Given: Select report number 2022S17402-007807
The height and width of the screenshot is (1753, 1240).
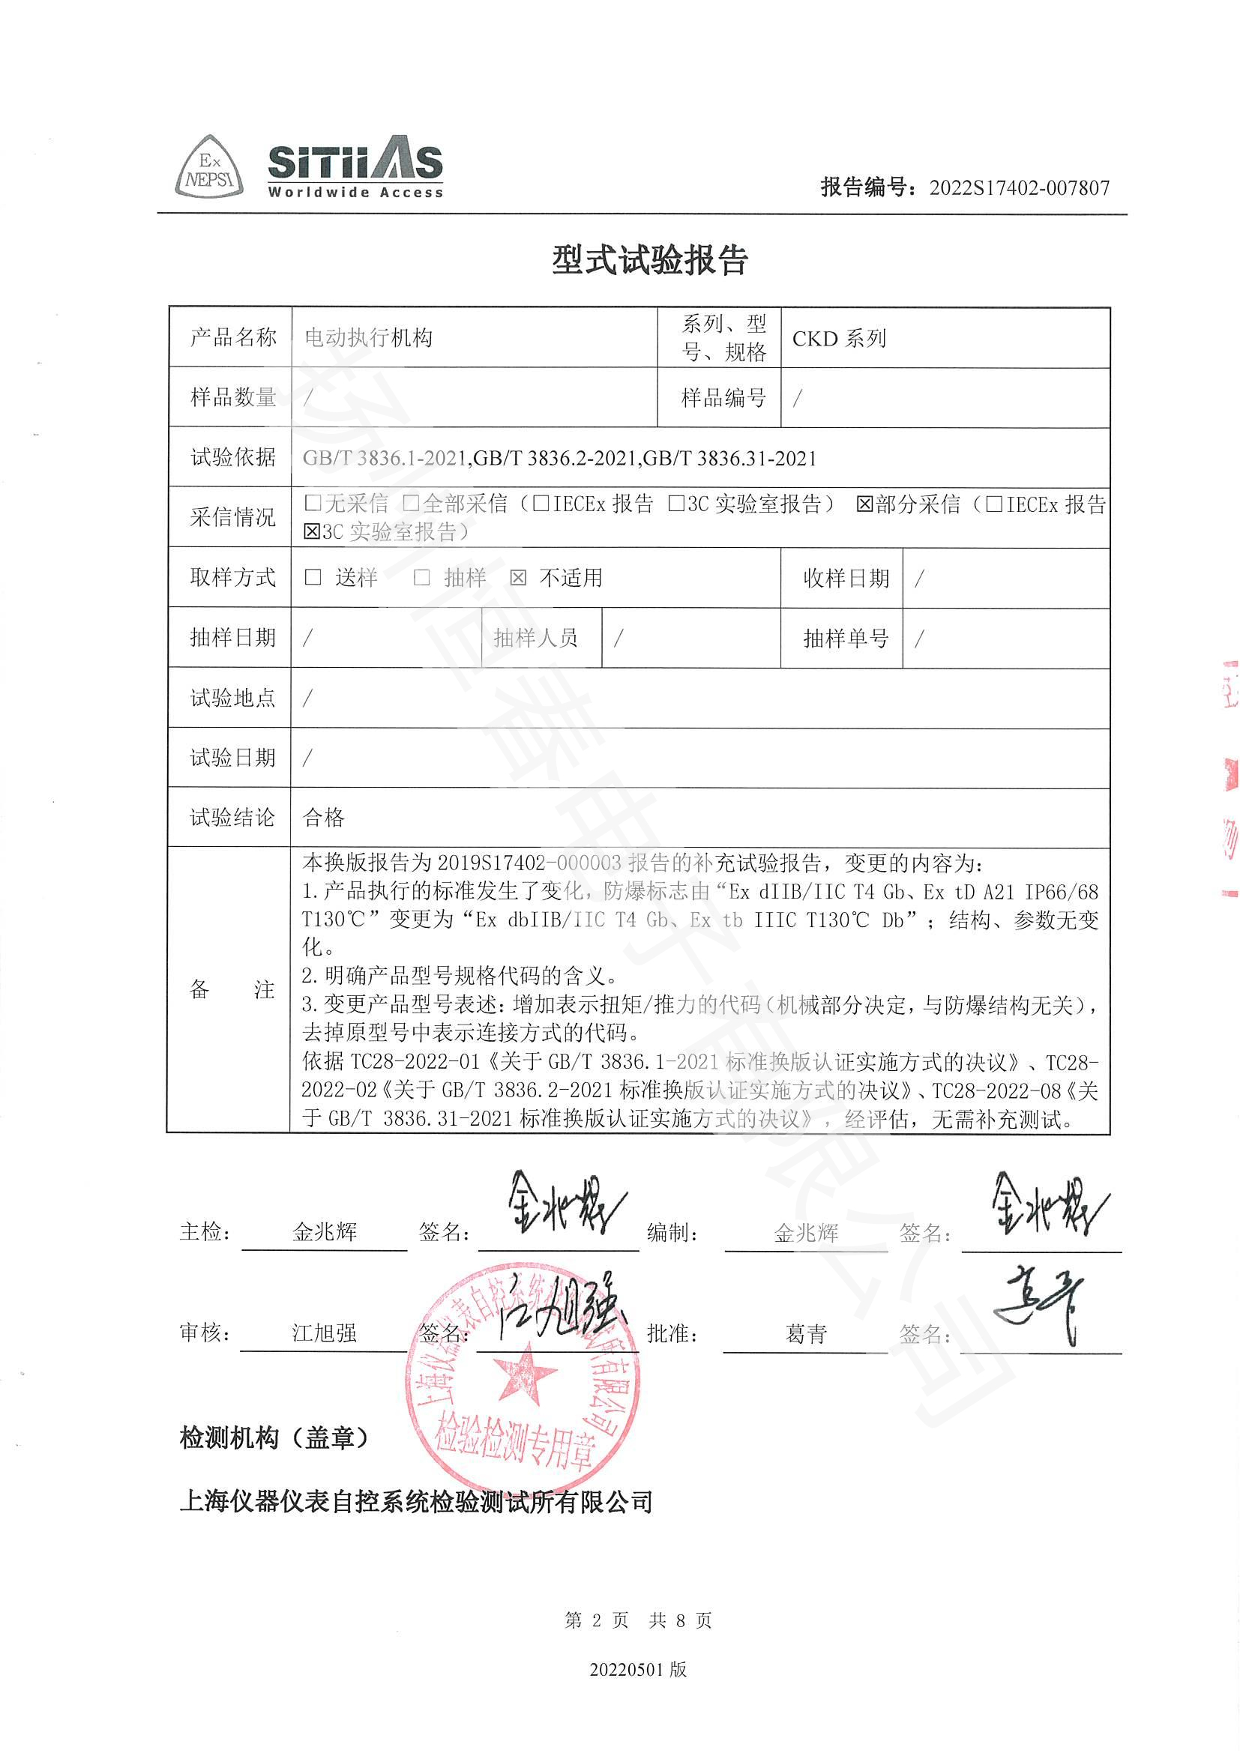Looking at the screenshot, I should tap(1019, 188).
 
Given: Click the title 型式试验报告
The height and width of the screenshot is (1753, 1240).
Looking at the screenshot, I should tap(650, 261).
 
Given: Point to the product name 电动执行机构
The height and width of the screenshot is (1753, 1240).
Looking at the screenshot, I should tap(369, 337).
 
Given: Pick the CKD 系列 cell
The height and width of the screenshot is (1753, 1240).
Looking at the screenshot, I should tap(839, 338).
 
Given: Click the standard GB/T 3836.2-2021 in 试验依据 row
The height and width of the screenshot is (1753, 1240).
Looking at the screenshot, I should tap(555, 458).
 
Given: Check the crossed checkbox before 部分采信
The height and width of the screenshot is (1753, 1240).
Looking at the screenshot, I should tap(864, 504).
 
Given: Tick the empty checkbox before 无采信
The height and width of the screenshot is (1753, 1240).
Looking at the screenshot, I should tap(312, 503).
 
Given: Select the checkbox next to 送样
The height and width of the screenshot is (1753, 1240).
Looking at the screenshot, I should tap(313, 577).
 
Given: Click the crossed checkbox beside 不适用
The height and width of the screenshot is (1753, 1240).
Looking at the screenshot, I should tap(518, 578).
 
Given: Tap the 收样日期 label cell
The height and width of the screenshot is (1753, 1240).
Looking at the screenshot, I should tap(845, 578).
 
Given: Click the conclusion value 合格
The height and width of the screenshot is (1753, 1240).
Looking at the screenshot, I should tap(324, 818).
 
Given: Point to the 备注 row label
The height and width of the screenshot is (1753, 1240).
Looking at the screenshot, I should tap(231, 990).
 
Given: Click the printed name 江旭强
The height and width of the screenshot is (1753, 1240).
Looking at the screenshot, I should tap(324, 1333).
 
